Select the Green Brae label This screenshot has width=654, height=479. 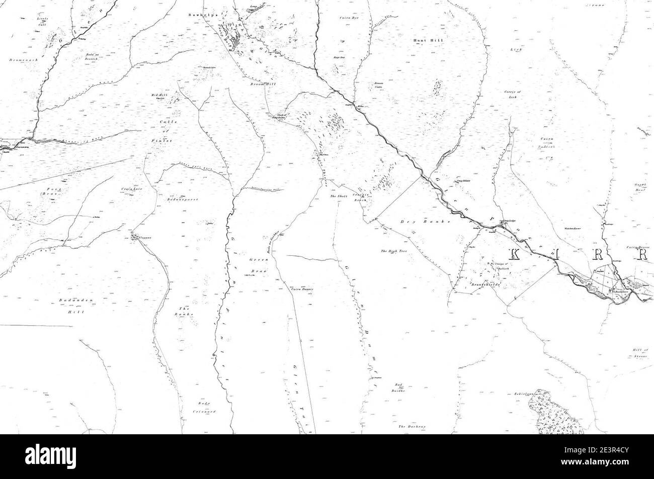[259, 266]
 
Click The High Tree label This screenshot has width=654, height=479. [393, 251]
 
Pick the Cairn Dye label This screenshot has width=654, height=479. [348, 19]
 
